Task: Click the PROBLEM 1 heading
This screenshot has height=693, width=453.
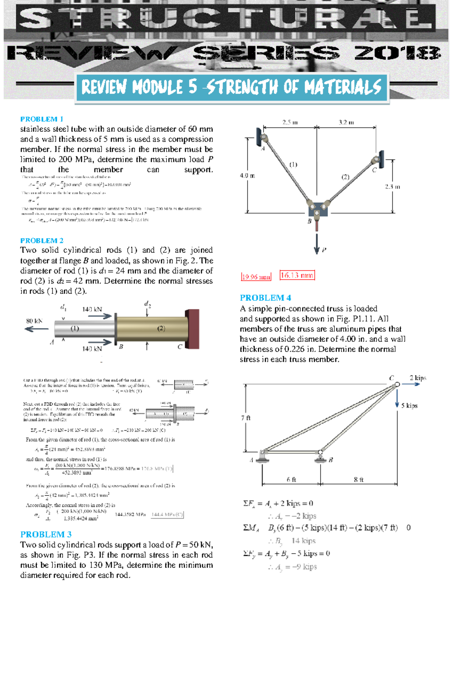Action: [42, 119]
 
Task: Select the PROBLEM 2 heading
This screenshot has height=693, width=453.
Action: [42, 241]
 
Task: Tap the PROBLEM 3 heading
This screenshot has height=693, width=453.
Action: [46, 534]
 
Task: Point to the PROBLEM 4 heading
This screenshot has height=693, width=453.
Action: [265, 298]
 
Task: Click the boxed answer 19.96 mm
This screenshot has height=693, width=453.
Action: [256, 277]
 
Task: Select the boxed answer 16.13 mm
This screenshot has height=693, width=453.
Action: [297, 275]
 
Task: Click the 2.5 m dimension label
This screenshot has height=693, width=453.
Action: [290, 122]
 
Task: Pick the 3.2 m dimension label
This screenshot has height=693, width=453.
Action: [346, 122]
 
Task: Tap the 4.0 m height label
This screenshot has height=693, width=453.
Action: [247, 176]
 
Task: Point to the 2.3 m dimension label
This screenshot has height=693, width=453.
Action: [392, 187]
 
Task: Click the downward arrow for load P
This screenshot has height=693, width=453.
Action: [317, 244]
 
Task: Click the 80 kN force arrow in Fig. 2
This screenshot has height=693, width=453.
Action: [36, 329]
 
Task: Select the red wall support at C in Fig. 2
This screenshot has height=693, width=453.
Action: [192, 329]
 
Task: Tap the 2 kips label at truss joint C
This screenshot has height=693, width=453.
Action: [418, 378]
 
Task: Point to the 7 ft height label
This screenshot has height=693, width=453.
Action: [246, 418]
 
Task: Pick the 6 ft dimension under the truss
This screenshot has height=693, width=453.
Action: [291, 480]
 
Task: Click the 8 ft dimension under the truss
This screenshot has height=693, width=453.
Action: [359, 480]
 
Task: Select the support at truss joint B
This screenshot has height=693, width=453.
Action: [320, 458]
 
